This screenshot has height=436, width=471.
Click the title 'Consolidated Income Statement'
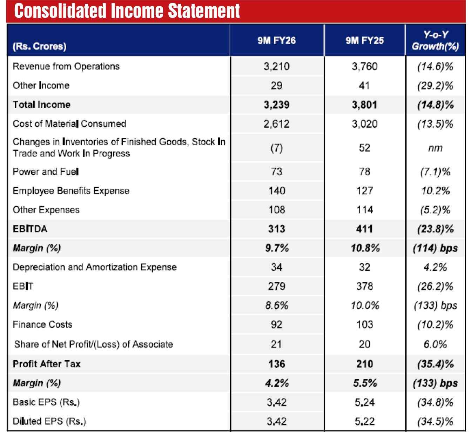[127, 11]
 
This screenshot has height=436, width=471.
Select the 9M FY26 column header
[277, 41]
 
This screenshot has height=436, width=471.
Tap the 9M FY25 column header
[365, 41]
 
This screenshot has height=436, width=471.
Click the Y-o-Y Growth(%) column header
[435, 40]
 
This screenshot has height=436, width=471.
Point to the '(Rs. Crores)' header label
[39, 46]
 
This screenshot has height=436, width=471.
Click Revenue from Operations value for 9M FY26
[277, 66]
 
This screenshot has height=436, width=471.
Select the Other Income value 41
[365, 86]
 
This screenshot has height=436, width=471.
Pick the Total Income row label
[42, 105]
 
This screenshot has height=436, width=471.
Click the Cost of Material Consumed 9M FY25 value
[365, 124]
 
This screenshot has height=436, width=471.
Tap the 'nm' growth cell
[435, 148]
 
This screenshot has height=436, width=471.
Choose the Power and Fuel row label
[46, 172]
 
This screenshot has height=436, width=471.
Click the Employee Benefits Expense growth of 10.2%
[435, 191]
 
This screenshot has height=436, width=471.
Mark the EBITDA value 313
[277, 229]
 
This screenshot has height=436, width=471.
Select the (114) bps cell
[435, 248]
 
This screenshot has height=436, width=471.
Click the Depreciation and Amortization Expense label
[95, 267]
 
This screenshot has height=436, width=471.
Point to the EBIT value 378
[365, 287]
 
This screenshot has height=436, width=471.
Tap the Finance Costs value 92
[277, 324]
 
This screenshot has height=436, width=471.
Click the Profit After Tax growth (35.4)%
[435, 364]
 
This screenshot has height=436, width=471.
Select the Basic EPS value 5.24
[365, 402]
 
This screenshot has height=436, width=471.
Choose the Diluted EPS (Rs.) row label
[49, 421]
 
